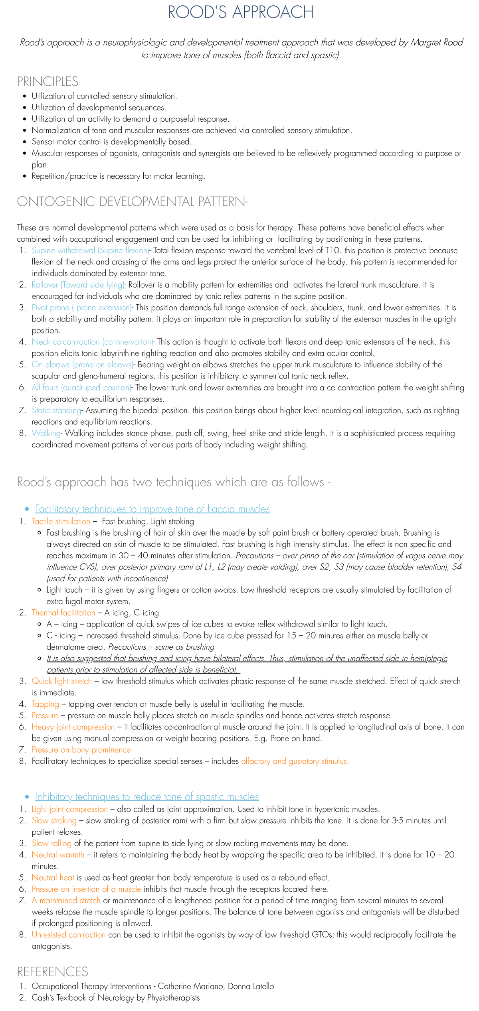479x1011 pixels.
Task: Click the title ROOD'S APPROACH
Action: click(x=241, y=12)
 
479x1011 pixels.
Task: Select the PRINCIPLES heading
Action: click(x=48, y=81)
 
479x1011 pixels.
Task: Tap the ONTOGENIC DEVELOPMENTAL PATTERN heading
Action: click(x=132, y=201)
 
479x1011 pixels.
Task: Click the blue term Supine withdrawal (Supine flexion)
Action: click(x=90, y=250)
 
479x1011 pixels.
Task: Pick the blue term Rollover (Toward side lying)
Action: click(x=78, y=285)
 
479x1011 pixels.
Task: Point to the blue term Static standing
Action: click(x=56, y=410)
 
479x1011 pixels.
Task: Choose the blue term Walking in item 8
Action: click(x=46, y=433)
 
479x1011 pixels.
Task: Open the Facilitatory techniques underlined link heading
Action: click(x=152, y=509)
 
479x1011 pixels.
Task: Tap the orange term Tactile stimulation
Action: click(x=61, y=521)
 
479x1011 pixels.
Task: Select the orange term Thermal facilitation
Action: click(x=63, y=613)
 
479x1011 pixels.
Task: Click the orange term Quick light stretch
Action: click(x=61, y=681)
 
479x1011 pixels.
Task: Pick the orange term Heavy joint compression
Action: click(x=73, y=727)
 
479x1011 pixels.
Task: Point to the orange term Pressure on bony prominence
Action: click(x=81, y=750)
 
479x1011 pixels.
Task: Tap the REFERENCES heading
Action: click(x=52, y=971)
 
